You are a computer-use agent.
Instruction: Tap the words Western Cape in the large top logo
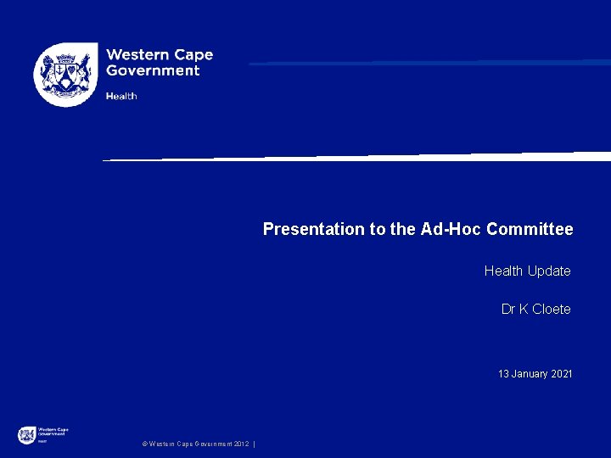pyautogui.click(x=159, y=55)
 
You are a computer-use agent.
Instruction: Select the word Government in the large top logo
pyautogui.click(x=153, y=71)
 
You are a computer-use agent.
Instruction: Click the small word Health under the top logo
pyautogui.click(x=121, y=96)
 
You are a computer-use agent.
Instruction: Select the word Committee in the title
pyautogui.click(x=530, y=229)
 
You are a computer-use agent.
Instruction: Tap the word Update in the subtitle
pyautogui.click(x=549, y=271)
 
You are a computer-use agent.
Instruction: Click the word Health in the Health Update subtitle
pyautogui.click(x=503, y=271)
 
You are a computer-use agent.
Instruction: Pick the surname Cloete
pyautogui.click(x=552, y=309)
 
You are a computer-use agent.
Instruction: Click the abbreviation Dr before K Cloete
pyautogui.click(x=509, y=309)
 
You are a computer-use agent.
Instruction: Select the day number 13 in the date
pyautogui.click(x=503, y=374)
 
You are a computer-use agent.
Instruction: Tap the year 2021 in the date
pyautogui.click(x=561, y=374)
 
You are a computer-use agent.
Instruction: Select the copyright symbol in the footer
pyautogui.click(x=144, y=444)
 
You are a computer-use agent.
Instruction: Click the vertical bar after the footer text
pyautogui.click(x=255, y=444)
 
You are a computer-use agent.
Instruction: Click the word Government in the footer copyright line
pyautogui.click(x=212, y=444)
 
